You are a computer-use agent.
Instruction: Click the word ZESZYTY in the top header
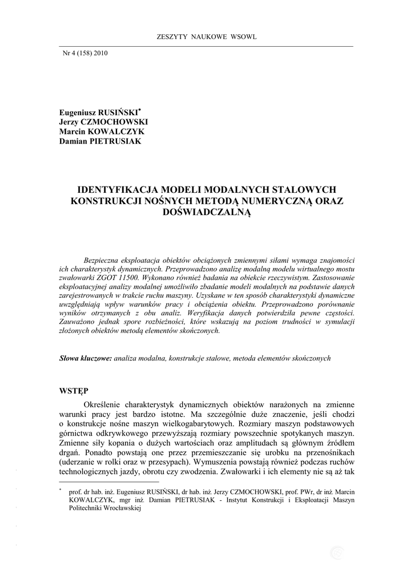tap(169, 37)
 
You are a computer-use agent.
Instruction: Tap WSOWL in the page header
tap(244, 37)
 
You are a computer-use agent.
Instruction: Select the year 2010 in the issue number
tap(100, 53)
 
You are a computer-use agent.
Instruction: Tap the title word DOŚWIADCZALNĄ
tap(207, 212)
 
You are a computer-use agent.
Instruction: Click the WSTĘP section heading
tap(74, 391)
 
